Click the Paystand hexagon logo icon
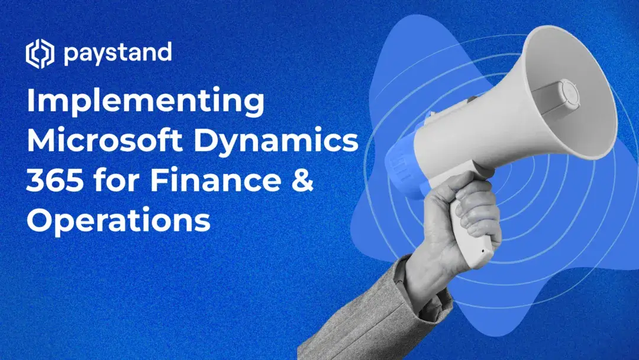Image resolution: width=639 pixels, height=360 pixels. [40, 54]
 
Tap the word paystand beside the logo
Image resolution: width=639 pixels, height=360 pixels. [117, 54]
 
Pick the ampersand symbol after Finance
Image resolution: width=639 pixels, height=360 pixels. [302, 182]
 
